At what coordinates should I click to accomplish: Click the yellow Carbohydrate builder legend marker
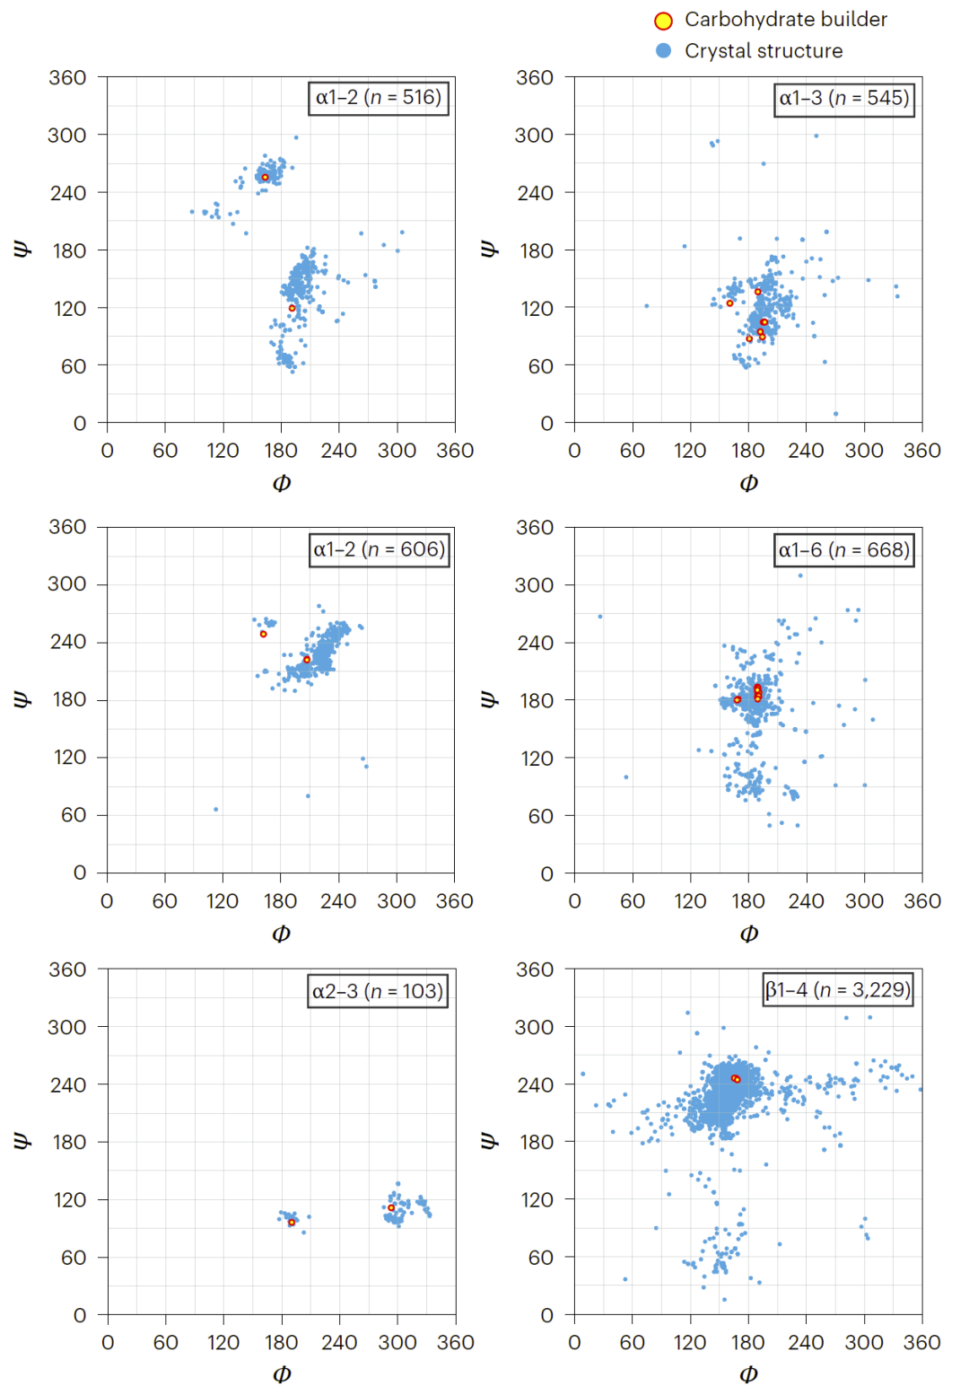point(663,21)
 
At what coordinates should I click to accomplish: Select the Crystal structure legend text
point(763,51)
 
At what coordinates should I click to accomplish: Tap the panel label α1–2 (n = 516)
point(378,97)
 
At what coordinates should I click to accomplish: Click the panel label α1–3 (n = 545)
point(843,98)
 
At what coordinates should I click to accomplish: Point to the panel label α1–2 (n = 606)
point(378,549)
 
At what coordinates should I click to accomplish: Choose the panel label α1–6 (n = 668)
point(843,549)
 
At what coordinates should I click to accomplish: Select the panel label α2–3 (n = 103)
point(378,991)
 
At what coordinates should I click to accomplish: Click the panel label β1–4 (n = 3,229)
point(838,989)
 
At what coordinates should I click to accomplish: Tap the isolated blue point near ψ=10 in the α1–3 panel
point(835,414)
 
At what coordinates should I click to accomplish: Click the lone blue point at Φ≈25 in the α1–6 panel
point(600,617)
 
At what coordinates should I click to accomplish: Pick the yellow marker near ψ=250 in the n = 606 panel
point(263,634)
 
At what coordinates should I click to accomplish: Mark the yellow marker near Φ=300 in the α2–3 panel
point(391,1207)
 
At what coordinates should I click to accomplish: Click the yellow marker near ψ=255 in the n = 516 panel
point(265,177)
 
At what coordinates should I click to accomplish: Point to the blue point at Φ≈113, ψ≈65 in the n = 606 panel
point(215,810)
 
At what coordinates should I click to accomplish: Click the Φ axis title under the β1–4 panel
point(748,1374)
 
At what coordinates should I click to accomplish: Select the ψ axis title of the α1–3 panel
point(489,249)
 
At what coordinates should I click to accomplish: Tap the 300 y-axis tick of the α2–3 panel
point(67,1027)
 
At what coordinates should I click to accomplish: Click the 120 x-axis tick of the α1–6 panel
point(690,901)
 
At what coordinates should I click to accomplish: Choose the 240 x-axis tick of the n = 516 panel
point(338,451)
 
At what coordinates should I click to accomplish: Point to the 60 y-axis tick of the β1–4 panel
point(540,1258)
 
